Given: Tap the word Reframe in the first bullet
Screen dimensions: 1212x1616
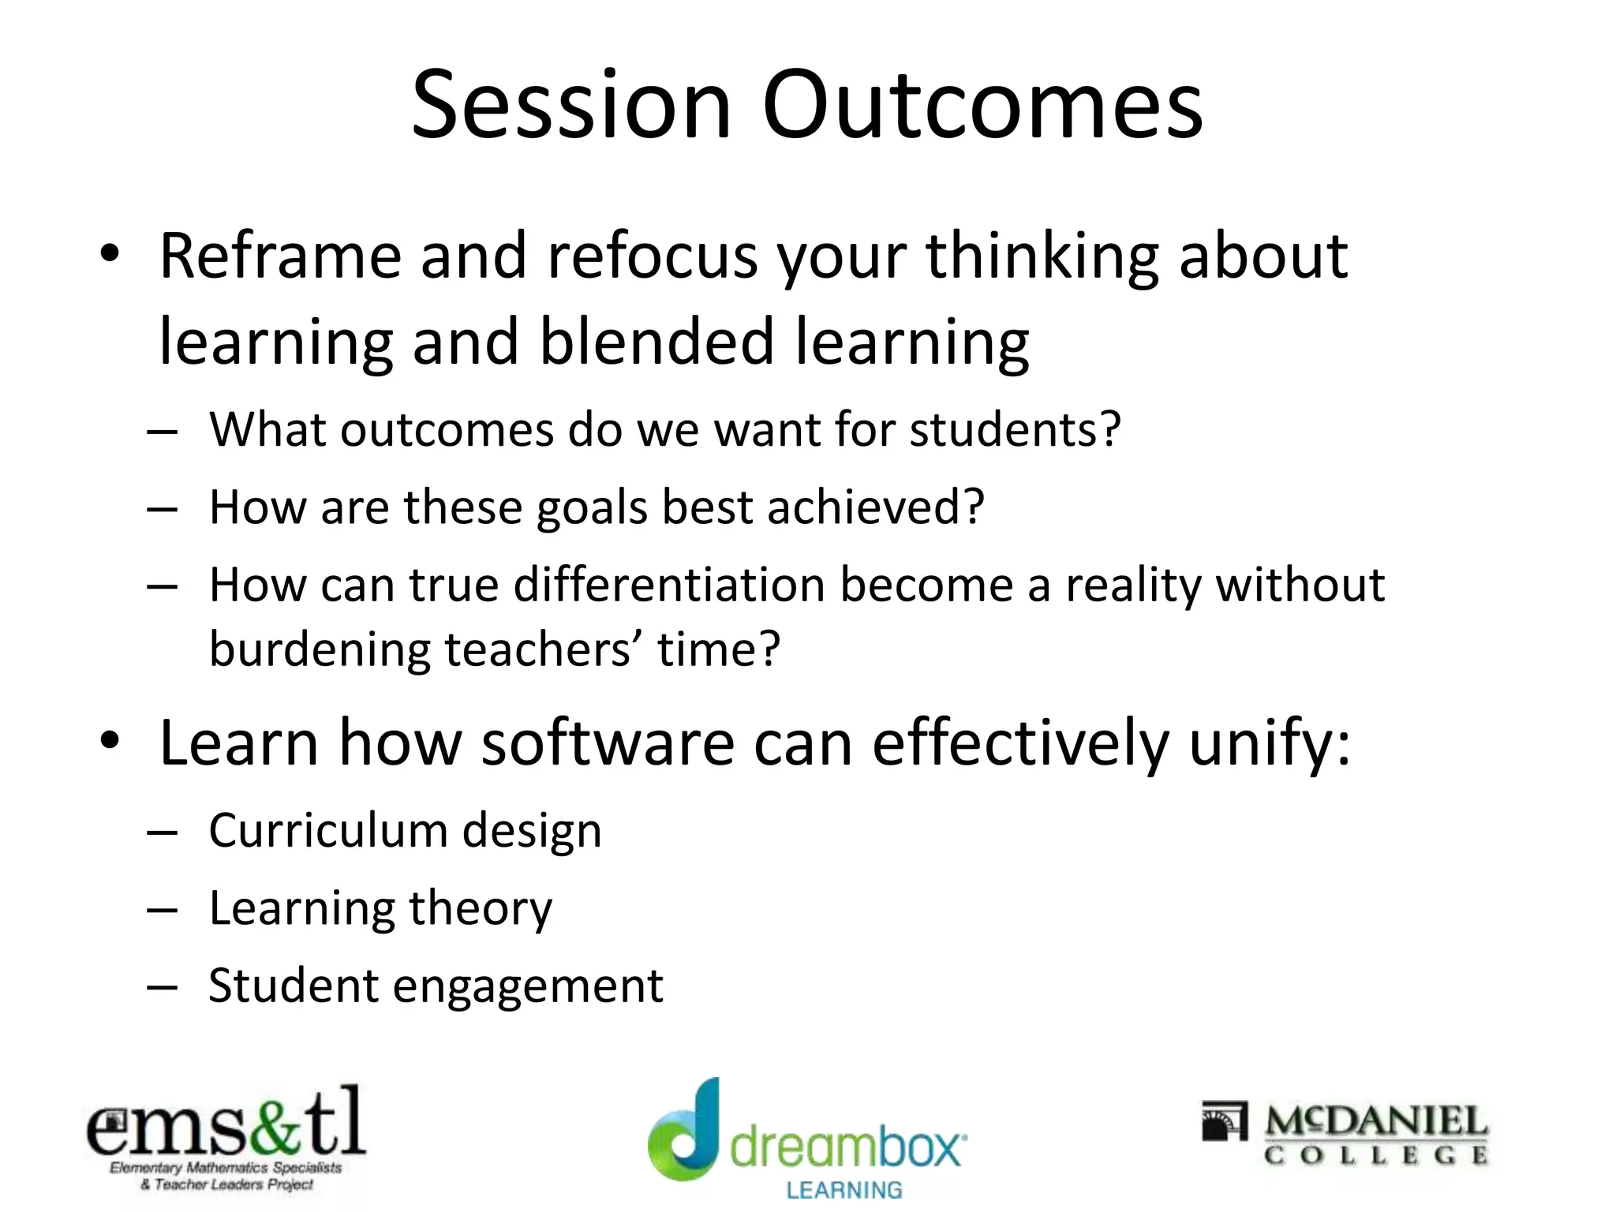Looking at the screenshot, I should tap(280, 256).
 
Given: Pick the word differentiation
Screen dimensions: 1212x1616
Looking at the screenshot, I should tap(668, 585).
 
